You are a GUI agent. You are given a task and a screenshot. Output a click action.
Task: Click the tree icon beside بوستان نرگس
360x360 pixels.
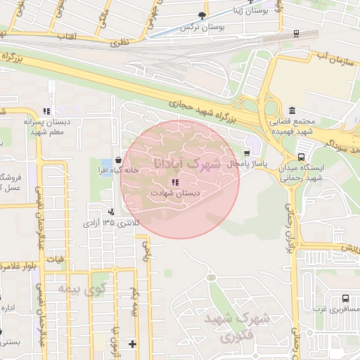pos(202,15)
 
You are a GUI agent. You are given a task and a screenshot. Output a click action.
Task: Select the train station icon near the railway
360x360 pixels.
pos(296,34)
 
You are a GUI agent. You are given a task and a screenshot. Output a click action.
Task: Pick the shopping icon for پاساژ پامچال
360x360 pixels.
pos(246,153)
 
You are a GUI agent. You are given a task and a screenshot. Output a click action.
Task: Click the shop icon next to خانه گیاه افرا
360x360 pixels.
pos(117,160)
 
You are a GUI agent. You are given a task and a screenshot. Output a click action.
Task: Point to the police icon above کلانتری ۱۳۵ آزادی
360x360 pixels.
pos(110,212)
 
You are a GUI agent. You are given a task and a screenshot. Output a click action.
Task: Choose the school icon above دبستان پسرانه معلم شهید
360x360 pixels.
pos(46,111)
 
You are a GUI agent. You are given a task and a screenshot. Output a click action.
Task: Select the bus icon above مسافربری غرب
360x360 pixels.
pos(345,298)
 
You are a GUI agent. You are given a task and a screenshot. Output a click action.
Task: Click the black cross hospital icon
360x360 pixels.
pos(133,344)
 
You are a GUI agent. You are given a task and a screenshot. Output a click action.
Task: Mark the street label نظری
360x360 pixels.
pos(119,43)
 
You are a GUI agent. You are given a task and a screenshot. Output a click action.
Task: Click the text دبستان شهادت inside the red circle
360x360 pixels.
pos(175,193)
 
